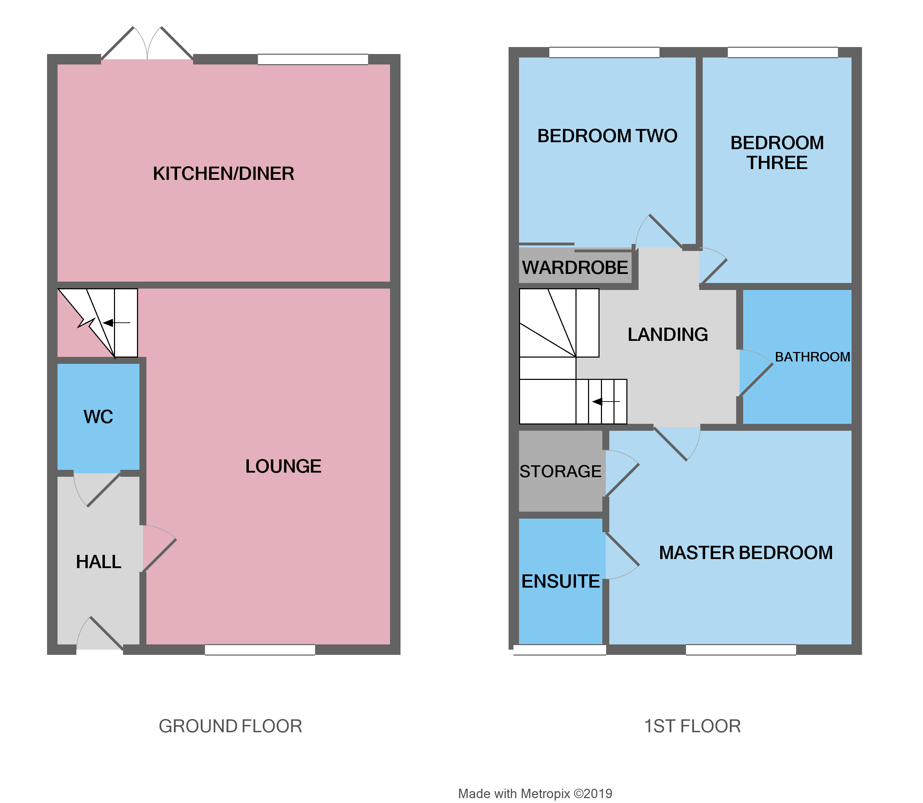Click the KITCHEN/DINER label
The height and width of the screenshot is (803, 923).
pyautogui.click(x=223, y=174)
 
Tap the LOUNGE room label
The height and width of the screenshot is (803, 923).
pyautogui.click(x=283, y=466)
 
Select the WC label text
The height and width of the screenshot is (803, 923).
pyautogui.click(x=98, y=417)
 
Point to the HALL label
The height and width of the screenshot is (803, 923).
pyautogui.click(x=99, y=562)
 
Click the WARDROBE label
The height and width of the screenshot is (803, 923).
pyautogui.click(x=575, y=268)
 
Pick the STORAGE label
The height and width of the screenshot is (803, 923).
pyautogui.click(x=560, y=472)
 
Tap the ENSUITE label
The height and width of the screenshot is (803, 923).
pyautogui.click(x=560, y=582)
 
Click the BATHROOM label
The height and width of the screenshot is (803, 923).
pyautogui.click(x=812, y=357)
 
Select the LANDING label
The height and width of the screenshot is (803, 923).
pyautogui.click(x=668, y=335)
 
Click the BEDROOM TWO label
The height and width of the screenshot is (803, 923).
pyautogui.click(x=607, y=136)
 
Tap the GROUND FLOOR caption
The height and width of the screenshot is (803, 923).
pyautogui.click(x=230, y=726)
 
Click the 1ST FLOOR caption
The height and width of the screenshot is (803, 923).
pyautogui.click(x=692, y=726)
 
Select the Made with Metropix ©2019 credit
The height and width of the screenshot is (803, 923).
pyautogui.click(x=535, y=794)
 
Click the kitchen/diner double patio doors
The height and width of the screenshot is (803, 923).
pyautogui.click(x=147, y=45)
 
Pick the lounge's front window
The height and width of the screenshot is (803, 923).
pyautogui.click(x=260, y=650)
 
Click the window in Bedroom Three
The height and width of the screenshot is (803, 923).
pyautogui.click(x=782, y=52)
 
